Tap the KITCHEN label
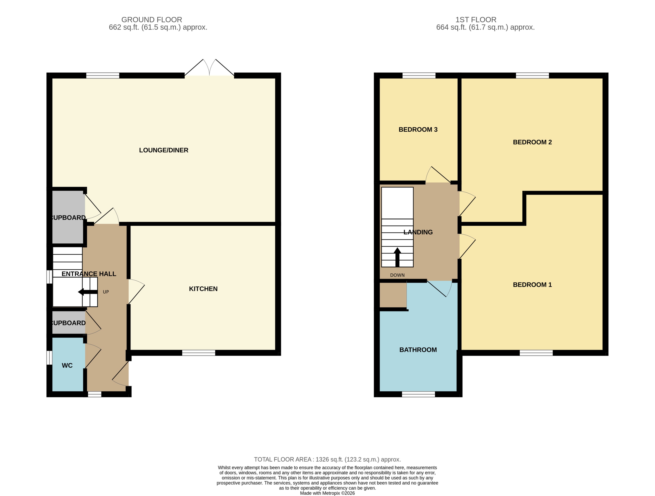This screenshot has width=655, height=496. pyautogui.click(x=203, y=289)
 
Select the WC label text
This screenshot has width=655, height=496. pyautogui.click(x=67, y=366)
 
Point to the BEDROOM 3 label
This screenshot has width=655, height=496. pyautogui.click(x=418, y=129)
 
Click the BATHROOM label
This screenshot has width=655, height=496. pyautogui.click(x=418, y=350)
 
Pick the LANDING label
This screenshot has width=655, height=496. pyautogui.click(x=418, y=232)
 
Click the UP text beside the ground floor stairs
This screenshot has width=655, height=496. pyautogui.click(x=106, y=292)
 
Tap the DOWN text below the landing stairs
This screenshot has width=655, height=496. pyautogui.click(x=397, y=275)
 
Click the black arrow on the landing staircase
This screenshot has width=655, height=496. pyautogui.click(x=397, y=257)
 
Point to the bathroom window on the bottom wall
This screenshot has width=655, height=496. pyautogui.click(x=418, y=394)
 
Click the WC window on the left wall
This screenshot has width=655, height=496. pyautogui.click(x=49, y=358)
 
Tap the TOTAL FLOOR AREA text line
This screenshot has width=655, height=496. pyautogui.click(x=327, y=459)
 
